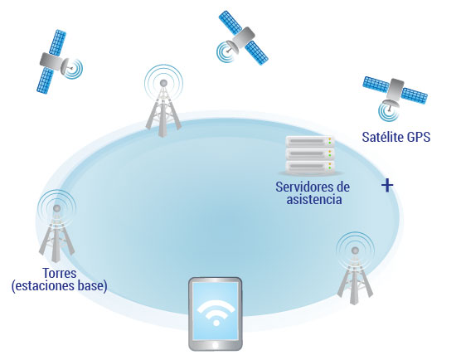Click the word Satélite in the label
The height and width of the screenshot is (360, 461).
point(383,137)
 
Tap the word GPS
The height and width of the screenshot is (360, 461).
point(419,137)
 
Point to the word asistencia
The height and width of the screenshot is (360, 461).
point(314,199)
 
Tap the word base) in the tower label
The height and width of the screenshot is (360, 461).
point(93,286)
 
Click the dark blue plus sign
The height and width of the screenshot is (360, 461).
point(387,185)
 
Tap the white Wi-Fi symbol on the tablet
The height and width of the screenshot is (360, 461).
point(216,313)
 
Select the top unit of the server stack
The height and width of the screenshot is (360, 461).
point(310,142)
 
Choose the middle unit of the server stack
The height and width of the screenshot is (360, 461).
point(310,153)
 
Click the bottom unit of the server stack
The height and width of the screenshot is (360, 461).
point(310,166)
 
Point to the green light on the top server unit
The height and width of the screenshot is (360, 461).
point(330,144)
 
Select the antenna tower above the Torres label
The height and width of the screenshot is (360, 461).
point(56,226)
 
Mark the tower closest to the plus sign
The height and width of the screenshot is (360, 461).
point(355,268)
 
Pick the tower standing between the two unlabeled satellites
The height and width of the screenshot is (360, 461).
point(163,100)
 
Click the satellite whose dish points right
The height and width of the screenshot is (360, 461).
point(59,61)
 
